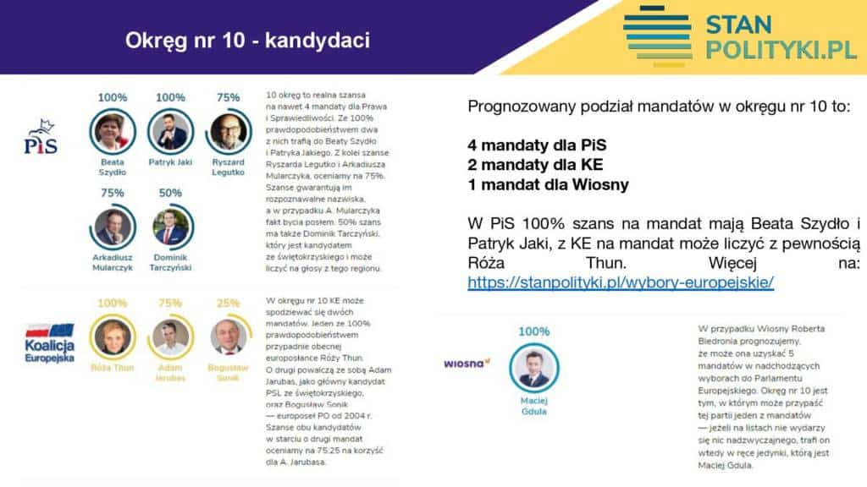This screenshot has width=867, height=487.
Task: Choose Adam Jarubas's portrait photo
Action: (170, 337)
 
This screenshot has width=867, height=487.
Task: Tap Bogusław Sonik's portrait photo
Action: (228, 337)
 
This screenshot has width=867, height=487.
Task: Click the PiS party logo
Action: (41, 137)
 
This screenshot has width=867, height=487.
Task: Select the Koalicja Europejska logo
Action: (48, 342)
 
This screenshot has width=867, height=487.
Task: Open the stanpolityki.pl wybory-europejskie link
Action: (621, 282)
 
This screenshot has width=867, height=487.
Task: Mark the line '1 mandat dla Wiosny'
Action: (548, 184)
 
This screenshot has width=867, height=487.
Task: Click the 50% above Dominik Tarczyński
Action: (170, 193)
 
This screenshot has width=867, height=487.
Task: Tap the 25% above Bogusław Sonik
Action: (228, 303)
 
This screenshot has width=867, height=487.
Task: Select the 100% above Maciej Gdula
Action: (533, 331)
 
